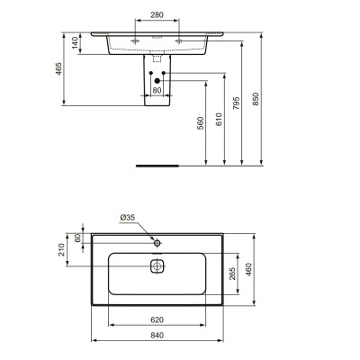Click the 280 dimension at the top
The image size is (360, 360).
tap(157, 15)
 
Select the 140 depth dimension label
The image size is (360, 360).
tap(77, 42)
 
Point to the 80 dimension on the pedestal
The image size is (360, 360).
tap(157, 90)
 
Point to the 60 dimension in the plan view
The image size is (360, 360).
tap(78, 238)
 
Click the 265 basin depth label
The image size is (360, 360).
tap(233, 274)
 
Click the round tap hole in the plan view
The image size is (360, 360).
tap(157, 242)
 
